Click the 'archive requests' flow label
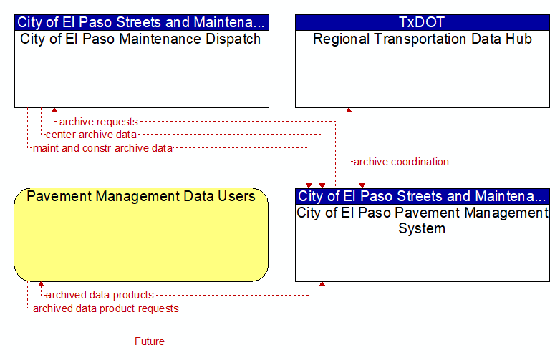(99, 122)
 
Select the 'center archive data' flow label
(91, 135)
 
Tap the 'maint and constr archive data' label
(103, 148)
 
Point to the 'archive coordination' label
(401, 162)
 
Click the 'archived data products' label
(100, 295)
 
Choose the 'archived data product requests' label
(106, 308)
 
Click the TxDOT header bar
(423, 22)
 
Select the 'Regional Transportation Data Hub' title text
(423, 39)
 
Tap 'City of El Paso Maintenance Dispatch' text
(140, 39)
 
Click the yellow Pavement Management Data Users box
(141, 235)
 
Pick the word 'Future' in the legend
(150, 341)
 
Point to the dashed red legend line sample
(67, 341)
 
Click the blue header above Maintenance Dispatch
(142, 22)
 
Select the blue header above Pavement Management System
(423, 196)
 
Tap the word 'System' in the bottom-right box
(422, 229)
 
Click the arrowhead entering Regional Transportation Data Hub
(349, 110)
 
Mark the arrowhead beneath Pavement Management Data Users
(41, 284)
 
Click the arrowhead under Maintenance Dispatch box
(54, 110)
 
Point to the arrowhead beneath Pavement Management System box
(322, 284)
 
